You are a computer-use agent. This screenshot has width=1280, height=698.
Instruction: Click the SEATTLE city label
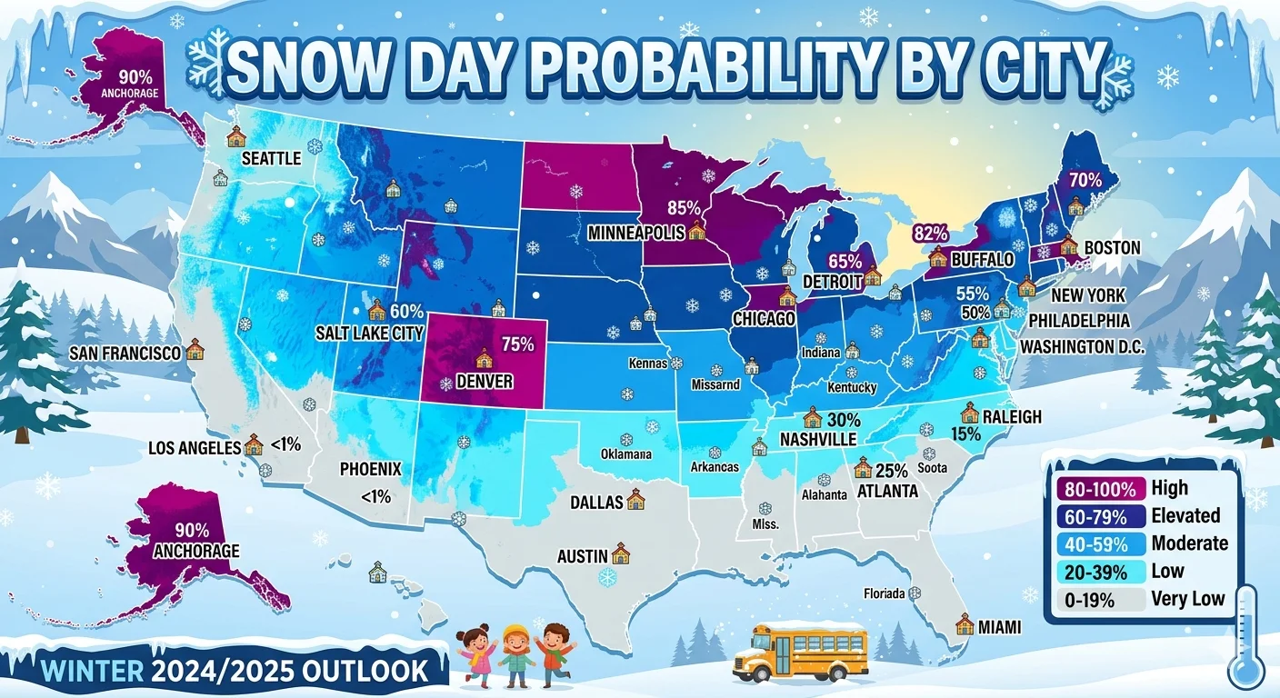(271, 159)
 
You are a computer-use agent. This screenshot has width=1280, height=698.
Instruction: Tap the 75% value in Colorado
(517, 344)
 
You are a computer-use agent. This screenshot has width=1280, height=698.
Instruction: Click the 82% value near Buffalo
(929, 234)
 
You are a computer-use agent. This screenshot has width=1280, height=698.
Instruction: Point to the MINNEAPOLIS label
(635, 233)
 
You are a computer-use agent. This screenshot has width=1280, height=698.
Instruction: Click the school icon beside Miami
(965, 624)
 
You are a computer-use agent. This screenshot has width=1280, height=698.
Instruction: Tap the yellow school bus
(799, 651)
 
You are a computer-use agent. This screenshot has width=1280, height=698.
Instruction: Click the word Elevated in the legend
(1185, 515)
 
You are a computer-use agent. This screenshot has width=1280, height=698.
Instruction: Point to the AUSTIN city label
(583, 554)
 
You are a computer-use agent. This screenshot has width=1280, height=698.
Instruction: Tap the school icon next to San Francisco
(195, 351)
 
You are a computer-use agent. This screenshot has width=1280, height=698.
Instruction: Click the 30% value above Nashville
(844, 420)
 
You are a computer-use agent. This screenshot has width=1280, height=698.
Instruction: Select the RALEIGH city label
(1011, 417)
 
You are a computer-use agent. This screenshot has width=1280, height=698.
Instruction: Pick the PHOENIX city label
(370, 470)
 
